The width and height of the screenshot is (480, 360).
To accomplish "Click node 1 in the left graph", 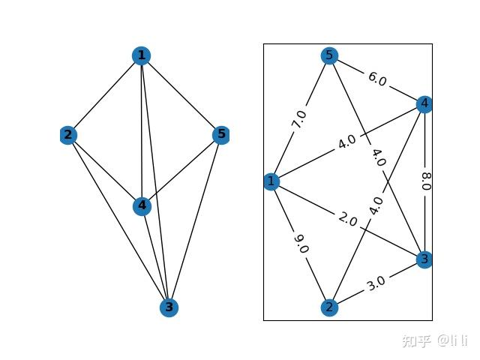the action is click(141, 55).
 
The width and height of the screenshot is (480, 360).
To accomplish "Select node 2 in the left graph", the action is click(69, 135).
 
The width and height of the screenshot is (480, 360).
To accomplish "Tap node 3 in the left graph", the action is click(169, 307).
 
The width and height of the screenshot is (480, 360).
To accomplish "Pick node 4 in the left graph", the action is click(142, 205).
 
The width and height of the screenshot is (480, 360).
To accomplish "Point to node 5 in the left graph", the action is click(220, 135).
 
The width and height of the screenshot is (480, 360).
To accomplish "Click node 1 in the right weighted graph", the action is click(271, 181).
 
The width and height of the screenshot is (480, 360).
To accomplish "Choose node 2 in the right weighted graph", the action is click(328, 307).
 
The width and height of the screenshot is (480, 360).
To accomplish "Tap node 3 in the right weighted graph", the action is click(424, 259).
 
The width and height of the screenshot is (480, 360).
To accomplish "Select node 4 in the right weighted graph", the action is click(424, 103).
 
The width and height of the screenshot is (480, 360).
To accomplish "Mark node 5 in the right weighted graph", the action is click(328, 55).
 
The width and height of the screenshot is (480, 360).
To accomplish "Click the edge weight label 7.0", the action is click(300, 119).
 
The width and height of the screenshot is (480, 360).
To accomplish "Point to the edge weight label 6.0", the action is click(376, 79).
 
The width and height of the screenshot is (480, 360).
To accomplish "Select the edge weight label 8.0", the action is click(425, 181).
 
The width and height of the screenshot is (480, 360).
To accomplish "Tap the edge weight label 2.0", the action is click(347, 220).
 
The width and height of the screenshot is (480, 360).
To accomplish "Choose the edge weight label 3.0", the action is click(376, 283).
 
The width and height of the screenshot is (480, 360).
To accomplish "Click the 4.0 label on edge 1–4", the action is click(346, 142).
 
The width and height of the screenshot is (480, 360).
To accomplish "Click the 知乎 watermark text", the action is click(415, 341).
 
